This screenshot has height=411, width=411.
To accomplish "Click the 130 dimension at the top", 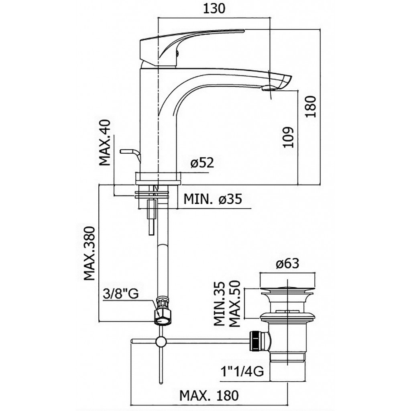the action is coord(214,9).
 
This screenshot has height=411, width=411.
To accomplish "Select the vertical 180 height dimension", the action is coord(312,107).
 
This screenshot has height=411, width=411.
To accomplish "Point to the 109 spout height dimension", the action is coord(288,138).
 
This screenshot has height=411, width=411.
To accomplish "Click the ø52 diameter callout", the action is coord(202,163).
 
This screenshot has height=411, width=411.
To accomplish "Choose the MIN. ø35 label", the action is coord(213,199).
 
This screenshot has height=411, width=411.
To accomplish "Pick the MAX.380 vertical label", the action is coord(89,254).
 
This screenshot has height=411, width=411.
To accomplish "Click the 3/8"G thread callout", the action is coord(120,294).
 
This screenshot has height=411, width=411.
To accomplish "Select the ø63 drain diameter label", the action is coord(287,263).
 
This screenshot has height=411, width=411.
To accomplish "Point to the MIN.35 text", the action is coord(220,303).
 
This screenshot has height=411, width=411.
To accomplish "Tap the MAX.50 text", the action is coord(235,303).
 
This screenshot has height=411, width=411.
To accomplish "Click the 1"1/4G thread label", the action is coord(242,372).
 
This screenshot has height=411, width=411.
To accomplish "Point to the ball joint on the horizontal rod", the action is coord(161,341).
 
